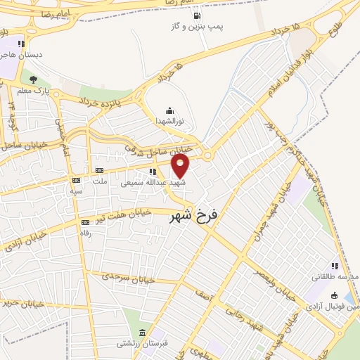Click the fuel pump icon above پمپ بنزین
pos(195,15)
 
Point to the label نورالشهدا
pos(169,122)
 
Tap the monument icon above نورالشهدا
pos(169,110)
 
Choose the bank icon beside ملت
pos(99,170)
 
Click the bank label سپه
pos(75,191)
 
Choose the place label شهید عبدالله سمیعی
pos(147,182)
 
